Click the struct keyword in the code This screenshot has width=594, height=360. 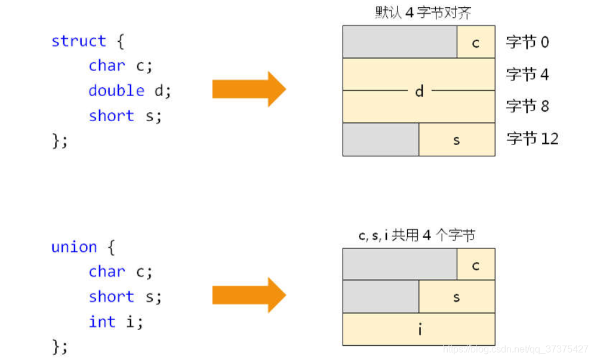pos(78,41)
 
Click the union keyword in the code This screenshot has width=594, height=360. pos(74,247)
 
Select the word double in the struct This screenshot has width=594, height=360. pos(116,91)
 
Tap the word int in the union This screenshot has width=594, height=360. pos(101,322)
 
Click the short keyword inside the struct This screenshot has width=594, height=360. pos(112,116)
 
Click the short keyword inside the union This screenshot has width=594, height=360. pos(112,297)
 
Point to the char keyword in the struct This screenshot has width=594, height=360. pos(107,66)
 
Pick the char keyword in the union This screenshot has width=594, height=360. pos(107,272)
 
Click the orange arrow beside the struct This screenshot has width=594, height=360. pos(249,89)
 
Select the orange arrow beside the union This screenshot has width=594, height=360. pos(249,295)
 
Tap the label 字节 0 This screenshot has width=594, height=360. pos(527,42)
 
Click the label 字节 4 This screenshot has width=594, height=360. pos(527,75)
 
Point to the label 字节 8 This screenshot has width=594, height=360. pos(527,106)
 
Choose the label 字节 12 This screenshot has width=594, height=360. pos(532,139)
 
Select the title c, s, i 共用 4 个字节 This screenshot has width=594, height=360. pos(417,235)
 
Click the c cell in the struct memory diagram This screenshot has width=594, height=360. pos(476,42)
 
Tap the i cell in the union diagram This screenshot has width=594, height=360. pos(419,329)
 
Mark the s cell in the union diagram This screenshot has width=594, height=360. pos(457,297)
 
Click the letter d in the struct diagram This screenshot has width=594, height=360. pos(419,91)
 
